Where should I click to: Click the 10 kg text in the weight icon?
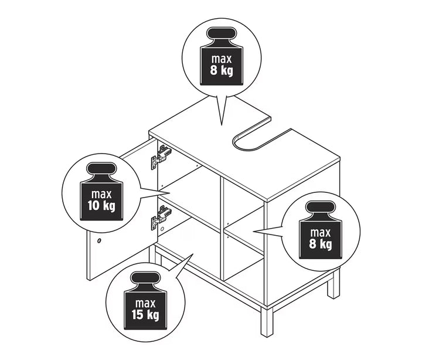[101, 206]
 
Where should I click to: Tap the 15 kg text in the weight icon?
[145, 315]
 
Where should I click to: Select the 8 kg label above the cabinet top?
[222, 70]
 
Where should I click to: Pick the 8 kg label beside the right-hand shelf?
[321, 244]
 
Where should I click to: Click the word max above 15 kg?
[145, 304]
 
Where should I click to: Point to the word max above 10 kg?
[101, 195]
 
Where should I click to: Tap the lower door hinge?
[161, 217]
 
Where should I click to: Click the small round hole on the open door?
[100, 240]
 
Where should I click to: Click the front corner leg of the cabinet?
[267, 322]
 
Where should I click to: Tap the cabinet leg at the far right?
[333, 284]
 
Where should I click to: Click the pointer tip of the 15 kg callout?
[193, 254]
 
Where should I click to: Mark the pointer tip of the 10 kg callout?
[169, 193]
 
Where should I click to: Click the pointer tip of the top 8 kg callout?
[222, 125]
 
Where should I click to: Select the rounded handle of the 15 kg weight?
[145, 277]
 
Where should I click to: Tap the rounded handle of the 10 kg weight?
[101, 168]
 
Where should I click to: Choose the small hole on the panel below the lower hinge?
[162, 229]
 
